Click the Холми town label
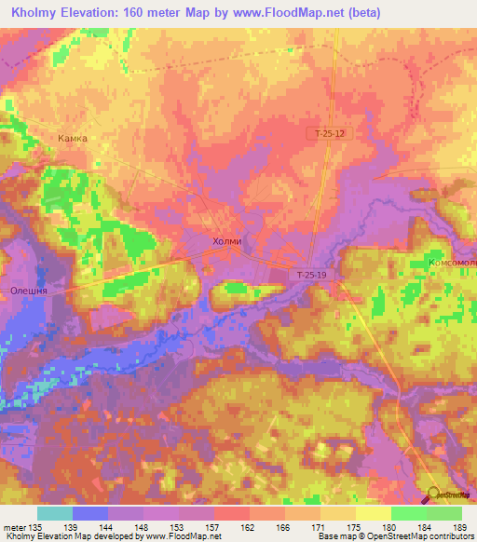point(227,241)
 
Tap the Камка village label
point(72,138)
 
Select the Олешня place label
point(28,290)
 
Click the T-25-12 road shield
point(329,134)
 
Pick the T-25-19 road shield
point(311,275)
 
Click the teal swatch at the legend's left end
point(55,513)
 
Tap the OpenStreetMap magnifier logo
point(434,495)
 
